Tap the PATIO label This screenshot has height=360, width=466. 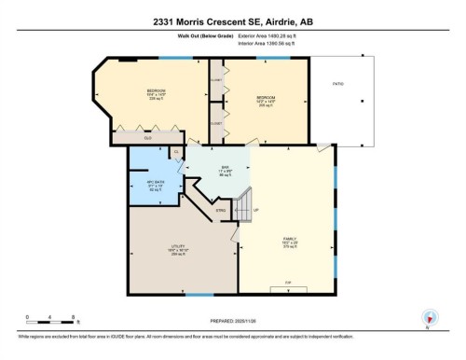[x=337, y=84]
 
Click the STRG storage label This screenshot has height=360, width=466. [x=222, y=212]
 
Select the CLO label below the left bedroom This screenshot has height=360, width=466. [x=146, y=139]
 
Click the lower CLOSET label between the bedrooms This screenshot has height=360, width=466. [x=215, y=123]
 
